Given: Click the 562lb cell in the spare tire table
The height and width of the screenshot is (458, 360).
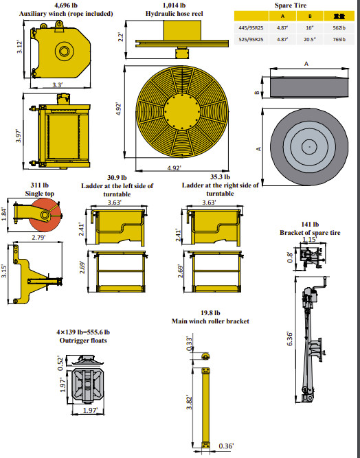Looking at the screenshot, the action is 339,28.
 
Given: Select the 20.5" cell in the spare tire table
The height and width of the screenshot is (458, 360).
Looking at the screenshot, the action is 310,39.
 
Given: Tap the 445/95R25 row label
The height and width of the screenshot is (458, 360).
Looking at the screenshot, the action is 251,28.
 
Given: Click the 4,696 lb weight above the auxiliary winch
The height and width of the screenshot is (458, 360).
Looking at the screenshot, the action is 66,5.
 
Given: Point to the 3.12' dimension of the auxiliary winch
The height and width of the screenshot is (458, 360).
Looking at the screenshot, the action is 19,47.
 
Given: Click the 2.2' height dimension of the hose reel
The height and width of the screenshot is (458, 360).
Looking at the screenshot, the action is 121,37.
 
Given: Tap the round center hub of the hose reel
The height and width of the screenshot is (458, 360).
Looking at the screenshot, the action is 182,112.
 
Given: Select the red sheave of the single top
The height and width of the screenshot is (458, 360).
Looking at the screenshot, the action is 46,215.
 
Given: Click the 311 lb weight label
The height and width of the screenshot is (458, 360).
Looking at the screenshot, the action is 39,185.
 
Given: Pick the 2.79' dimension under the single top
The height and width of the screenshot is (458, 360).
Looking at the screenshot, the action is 38,237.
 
